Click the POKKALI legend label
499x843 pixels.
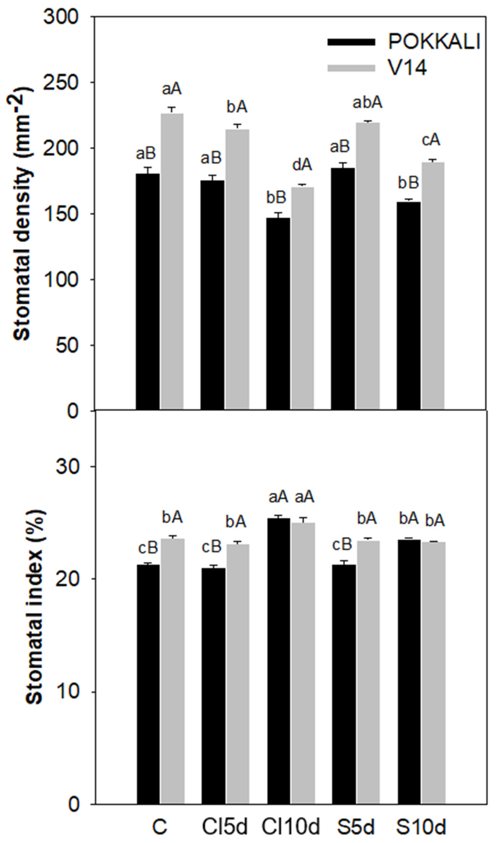[434, 42]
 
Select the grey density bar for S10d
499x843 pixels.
[433, 286]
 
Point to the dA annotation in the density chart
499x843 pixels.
[302, 165]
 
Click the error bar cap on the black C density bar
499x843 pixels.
[148, 168]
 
